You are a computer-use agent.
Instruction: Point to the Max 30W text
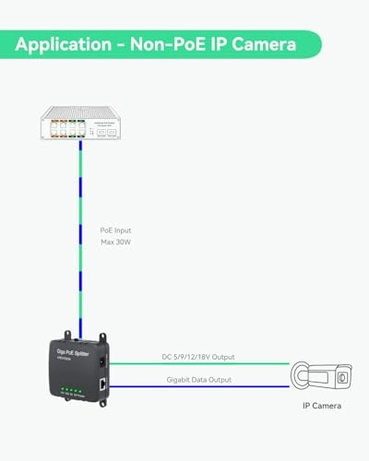coord(116,243)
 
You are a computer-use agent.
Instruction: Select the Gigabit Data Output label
coord(186,379)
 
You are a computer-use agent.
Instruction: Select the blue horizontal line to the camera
coord(198,387)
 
